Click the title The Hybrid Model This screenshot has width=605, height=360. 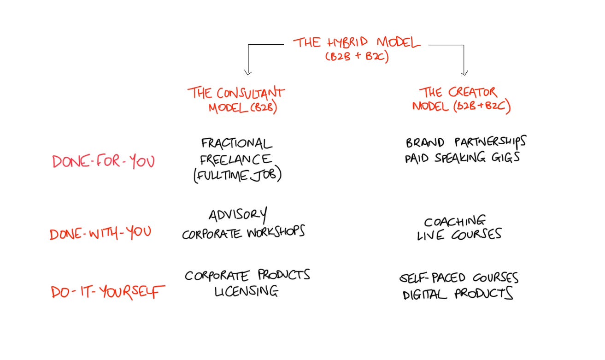click(x=357, y=43)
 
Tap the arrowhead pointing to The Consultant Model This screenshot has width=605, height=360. click(x=247, y=71)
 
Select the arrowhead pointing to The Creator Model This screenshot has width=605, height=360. click(x=464, y=72)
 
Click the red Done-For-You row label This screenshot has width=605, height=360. click(x=104, y=162)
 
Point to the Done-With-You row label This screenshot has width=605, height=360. click(x=100, y=233)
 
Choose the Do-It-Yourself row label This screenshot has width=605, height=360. click(x=108, y=292)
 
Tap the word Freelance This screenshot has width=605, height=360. click(x=235, y=159)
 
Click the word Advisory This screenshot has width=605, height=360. click(x=237, y=215)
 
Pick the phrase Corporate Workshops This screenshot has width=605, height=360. click(x=243, y=233)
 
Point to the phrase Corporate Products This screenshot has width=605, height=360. click(x=247, y=275)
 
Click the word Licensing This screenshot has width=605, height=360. click(x=246, y=291)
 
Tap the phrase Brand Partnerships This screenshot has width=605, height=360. click(x=465, y=142)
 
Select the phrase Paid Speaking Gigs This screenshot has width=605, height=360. click(x=462, y=158)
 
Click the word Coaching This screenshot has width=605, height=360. click(x=455, y=221)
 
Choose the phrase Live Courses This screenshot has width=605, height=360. click(x=459, y=235)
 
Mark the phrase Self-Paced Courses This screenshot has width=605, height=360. click(x=459, y=278)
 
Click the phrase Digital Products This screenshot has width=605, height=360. click(x=458, y=294)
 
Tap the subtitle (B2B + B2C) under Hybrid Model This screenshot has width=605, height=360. click(x=356, y=57)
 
